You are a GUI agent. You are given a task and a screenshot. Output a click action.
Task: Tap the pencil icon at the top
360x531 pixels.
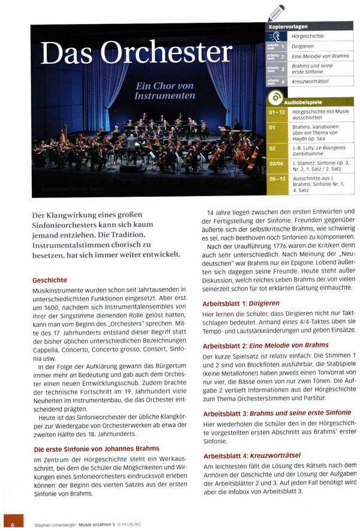pos(277,13)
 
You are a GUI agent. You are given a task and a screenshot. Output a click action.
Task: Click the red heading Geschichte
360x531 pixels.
pos(50,280)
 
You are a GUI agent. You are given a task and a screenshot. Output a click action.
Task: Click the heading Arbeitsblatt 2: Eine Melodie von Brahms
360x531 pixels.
pos(266,345)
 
